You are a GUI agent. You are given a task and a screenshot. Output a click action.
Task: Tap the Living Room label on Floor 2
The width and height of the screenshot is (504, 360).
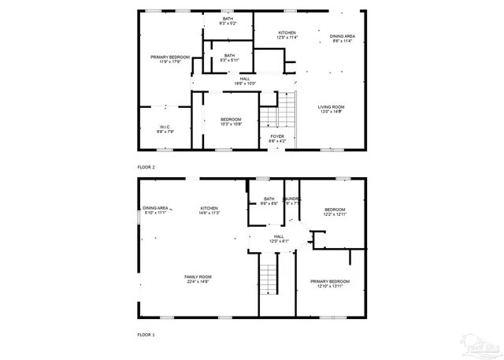click(x=332, y=107)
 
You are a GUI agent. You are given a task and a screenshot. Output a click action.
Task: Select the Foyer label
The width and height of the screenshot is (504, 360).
click(x=277, y=136)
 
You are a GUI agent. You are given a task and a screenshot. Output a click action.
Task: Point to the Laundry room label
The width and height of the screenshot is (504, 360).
click(x=291, y=199)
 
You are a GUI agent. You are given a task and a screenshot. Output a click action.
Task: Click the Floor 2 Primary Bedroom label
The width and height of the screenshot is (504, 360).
click(x=171, y=58)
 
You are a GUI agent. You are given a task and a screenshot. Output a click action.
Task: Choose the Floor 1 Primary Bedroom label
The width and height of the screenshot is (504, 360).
click(x=330, y=281)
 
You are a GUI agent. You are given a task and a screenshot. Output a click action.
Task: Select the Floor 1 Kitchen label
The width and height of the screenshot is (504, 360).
click(x=209, y=208)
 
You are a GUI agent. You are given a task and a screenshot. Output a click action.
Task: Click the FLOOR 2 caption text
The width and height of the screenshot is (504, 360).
click(x=146, y=167)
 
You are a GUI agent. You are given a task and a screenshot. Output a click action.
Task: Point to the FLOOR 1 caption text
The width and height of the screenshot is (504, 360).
click(x=146, y=336)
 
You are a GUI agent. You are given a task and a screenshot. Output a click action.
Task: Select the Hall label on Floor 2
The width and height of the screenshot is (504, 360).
click(x=246, y=79)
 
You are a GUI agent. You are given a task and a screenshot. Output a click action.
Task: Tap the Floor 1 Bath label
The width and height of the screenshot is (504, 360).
click(x=269, y=199)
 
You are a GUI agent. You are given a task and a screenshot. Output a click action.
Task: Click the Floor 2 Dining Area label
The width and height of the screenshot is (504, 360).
click(x=341, y=35)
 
